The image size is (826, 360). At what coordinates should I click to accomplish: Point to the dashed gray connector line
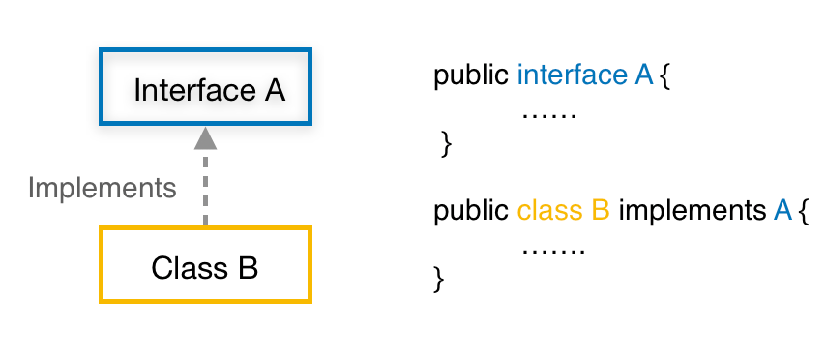204,189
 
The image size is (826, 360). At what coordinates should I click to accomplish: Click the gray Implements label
103,187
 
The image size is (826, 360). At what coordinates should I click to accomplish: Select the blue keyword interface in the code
573,75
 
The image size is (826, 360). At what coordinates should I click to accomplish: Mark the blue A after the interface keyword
644,75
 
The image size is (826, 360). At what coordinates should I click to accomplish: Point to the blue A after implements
783,210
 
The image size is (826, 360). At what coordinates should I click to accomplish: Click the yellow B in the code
600,210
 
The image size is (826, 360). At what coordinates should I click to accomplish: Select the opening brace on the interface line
664,76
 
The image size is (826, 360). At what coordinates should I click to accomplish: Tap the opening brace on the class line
803,211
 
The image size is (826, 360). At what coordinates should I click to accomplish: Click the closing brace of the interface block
446,145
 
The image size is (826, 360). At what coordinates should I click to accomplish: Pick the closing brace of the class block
439,280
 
